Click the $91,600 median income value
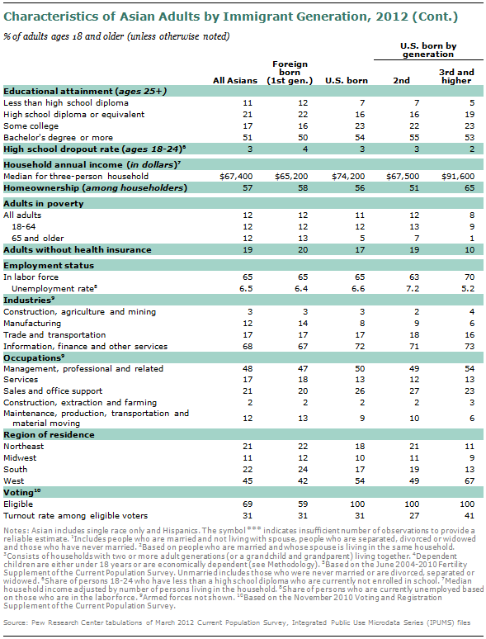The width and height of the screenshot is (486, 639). (x=458, y=177)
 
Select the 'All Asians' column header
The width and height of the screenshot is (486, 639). (x=235, y=81)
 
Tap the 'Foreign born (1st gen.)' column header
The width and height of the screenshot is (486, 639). (x=290, y=73)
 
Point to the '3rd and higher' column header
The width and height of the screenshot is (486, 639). (x=456, y=77)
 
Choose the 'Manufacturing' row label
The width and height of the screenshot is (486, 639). (x=32, y=324)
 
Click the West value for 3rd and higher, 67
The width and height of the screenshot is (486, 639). (x=469, y=480)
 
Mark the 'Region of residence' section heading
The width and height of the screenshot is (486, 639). (x=49, y=435)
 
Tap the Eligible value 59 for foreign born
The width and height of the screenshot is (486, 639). (x=303, y=504)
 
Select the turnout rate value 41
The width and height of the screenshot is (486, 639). (x=469, y=515)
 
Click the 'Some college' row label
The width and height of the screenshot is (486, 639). (x=31, y=126)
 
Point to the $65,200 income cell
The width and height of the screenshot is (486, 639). (x=291, y=177)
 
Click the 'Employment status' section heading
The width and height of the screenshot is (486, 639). (x=49, y=266)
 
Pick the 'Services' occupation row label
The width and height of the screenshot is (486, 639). (x=21, y=380)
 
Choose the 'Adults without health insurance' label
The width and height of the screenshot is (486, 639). (x=78, y=250)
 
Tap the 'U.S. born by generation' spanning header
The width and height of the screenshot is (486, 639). (x=428, y=50)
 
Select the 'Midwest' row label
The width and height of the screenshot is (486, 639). (x=20, y=458)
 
